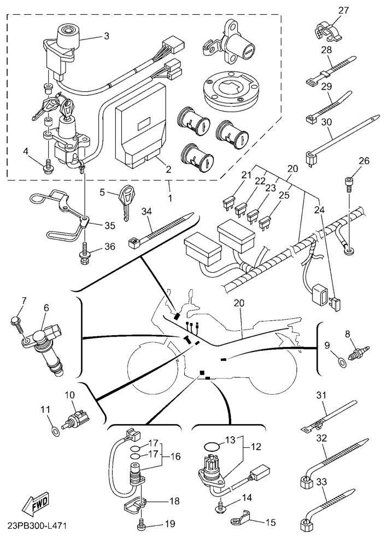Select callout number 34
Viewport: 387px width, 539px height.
point(146,211)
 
